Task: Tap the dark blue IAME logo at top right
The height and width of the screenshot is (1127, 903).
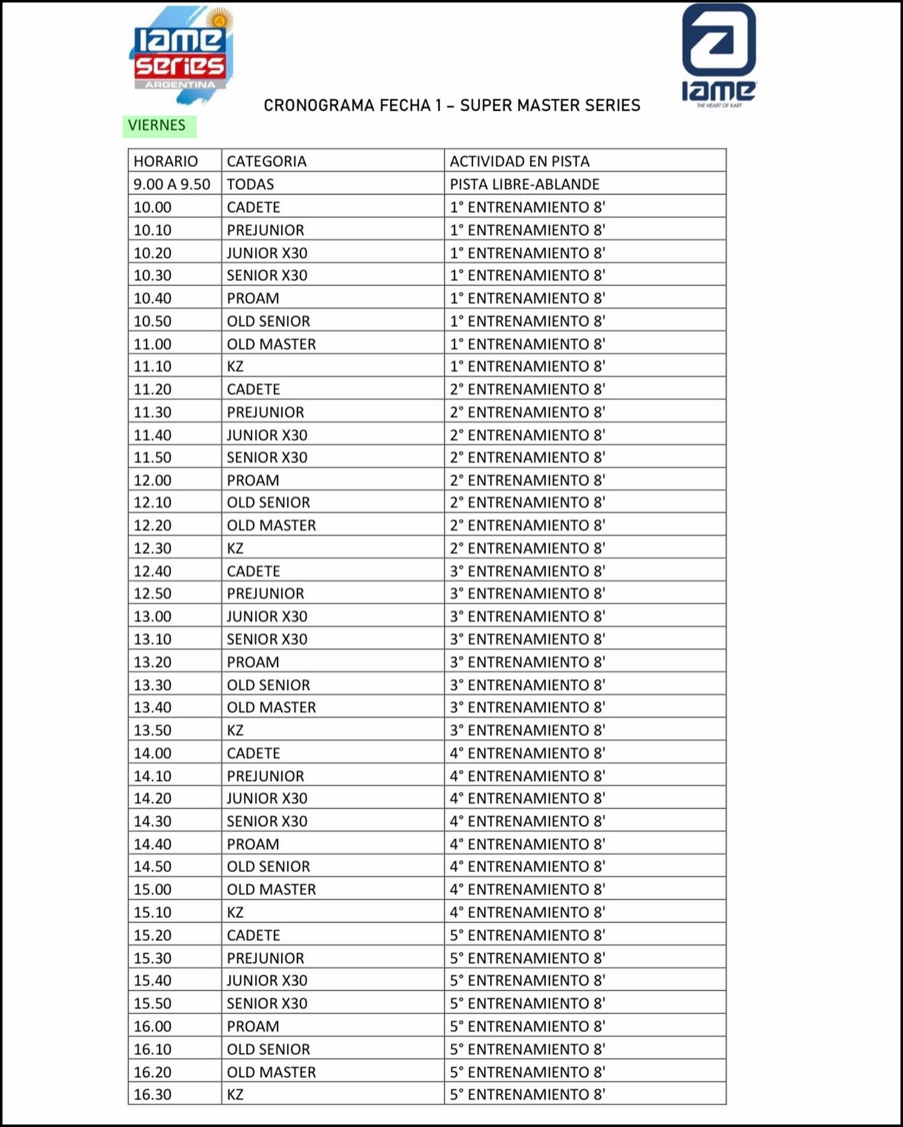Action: pyautogui.click(x=718, y=55)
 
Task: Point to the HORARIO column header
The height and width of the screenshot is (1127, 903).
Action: pyautogui.click(x=165, y=161)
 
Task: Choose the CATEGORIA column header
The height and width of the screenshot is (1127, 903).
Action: pyautogui.click(x=267, y=161)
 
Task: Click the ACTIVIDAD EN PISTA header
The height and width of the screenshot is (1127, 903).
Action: pyautogui.click(x=519, y=161)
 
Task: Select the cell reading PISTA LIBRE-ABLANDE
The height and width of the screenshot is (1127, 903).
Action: pyautogui.click(x=524, y=185)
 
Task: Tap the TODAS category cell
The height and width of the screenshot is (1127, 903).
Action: pyautogui.click(x=250, y=185)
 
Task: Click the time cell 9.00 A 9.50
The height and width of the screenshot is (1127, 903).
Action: pyautogui.click(x=171, y=185)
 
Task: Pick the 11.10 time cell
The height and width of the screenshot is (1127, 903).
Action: pyautogui.click(x=153, y=367)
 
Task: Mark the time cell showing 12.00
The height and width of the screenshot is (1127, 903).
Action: pyautogui.click(x=153, y=481)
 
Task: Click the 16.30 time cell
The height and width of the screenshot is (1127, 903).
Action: pyautogui.click(x=153, y=1095)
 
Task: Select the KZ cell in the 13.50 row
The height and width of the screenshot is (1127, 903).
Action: pyautogui.click(x=235, y=731)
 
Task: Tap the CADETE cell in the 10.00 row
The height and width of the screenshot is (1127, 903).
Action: pyautogui.click(x=253, y=207)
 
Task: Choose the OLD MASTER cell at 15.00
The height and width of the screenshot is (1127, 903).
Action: pyautogui.click(x=271, y=890)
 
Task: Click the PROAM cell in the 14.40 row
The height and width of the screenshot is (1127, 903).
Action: pyautogui.click(x=253, y=844)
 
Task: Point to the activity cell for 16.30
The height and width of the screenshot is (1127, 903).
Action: pyautogui.click(x=528, y=1095)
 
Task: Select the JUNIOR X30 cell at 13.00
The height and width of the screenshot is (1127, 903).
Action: pyautogui.click(x=267, y=616)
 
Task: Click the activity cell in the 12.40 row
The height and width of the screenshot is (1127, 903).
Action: pyautogui.click(x=528, y=571)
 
